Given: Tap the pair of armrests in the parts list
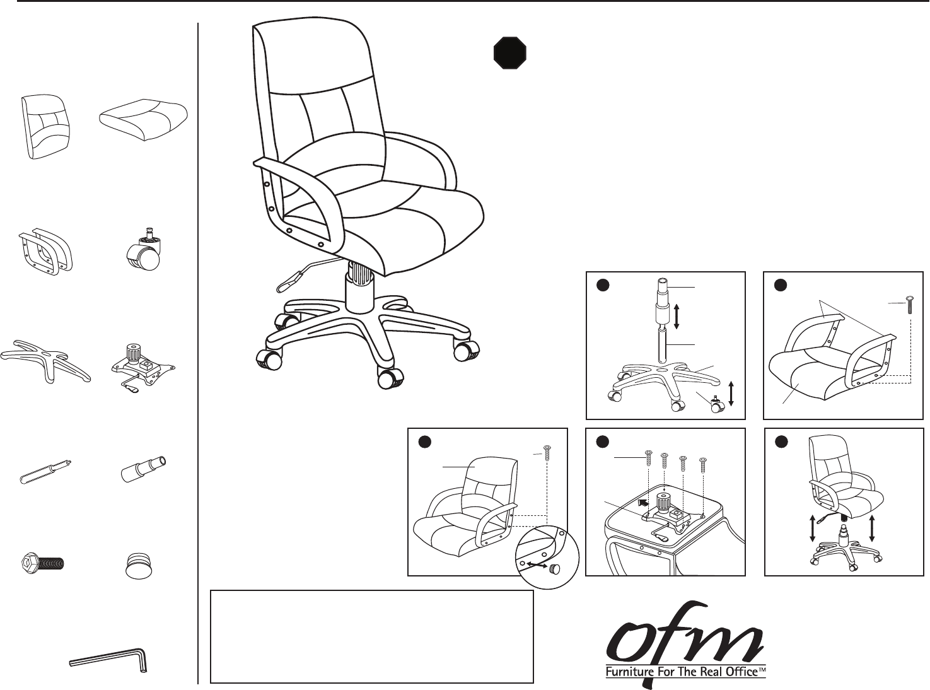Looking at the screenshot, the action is [x=45, y=250].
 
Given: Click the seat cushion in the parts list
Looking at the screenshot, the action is [x=144, y=118].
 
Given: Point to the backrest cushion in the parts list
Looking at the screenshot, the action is [x=45, y=127].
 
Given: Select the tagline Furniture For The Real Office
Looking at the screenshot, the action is [x=685, y=672].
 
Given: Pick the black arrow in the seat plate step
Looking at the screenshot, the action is [x=642, y=503].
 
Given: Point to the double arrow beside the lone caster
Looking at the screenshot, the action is [x=731, y=393].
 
